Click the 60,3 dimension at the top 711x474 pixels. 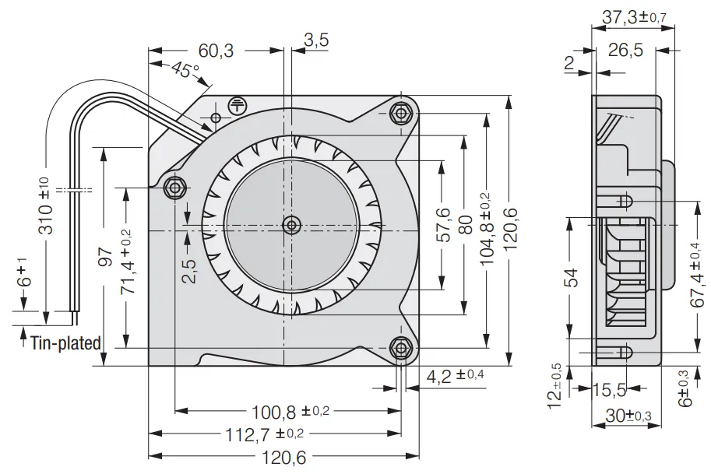coord(216,51)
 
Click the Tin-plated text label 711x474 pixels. coord(66,342)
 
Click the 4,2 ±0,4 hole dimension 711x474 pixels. coord(456,376)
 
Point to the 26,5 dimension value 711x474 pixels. coord(625,51)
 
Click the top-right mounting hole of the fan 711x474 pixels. coord(401,114)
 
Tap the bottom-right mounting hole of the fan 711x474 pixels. coord(401,347)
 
